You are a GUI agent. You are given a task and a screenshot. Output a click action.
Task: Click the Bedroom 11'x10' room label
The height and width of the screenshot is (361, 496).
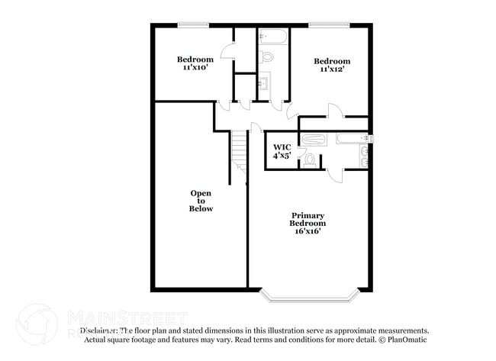coord(194,63)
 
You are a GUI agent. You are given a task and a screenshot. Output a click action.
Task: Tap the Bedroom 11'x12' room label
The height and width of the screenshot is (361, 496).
coord(332,65)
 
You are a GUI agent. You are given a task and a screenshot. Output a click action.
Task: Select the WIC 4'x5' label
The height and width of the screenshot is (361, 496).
coord(282,150)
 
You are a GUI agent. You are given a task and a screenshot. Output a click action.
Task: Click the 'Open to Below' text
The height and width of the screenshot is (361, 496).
coord(201,201)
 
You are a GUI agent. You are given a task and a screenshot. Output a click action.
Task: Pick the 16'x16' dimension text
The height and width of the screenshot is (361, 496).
coord(308,231)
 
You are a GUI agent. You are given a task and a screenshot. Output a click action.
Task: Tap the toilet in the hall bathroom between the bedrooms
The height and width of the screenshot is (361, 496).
coord(267,56)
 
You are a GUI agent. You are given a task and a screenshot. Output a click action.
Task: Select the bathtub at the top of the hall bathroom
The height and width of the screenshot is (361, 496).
coord(272,37)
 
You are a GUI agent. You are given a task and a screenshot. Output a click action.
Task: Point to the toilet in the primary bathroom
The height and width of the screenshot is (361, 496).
coord(310,160)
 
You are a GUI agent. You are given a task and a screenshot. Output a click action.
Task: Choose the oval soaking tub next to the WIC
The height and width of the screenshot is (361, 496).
coord(313,139)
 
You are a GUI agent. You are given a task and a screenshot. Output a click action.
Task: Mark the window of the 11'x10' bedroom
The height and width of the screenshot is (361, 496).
coord(194,25)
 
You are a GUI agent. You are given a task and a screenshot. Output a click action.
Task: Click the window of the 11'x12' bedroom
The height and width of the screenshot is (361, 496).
coord(330,25)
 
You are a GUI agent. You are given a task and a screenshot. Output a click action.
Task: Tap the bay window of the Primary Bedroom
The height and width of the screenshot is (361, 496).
coord(308,293)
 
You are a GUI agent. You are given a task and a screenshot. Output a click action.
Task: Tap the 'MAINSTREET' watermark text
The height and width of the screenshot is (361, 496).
coord(127,317)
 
